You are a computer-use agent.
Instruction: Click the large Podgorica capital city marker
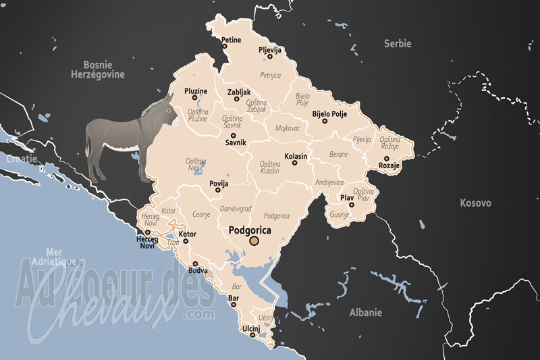pyautogui.click(x=254, y=241)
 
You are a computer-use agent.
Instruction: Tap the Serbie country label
pyautogui.click(x=398, y=43)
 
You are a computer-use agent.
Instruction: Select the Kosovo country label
pyautogui.click(x=475, y=203)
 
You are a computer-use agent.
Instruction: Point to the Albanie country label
pyautogui.click(x=365, y=313)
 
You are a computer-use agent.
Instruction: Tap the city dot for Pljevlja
pyautogui.click(x=269, y=56)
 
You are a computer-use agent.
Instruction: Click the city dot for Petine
pyautogui.click(x=225, y=47)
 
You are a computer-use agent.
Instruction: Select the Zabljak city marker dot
pyautogui.click(x=237, y=99)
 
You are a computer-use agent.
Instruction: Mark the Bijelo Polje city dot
pyautogui.click(x=325, y=121)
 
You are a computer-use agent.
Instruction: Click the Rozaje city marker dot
pyautogui.click(x=387, y=159)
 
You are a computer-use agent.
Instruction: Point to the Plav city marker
pyautogui.click(x=352, y=205)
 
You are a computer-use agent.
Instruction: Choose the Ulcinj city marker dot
pyautogui.click(x=250, y=336)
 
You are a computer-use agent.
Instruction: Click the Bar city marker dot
pyautogui.click(x=234, y=304)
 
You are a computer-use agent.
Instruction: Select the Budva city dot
pyautogui.click(x=195, y=264)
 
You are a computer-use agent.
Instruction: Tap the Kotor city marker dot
pyautogui.click(x=186, y=240)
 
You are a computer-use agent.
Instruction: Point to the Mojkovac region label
pyautogui.click(x=289, y=128)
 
